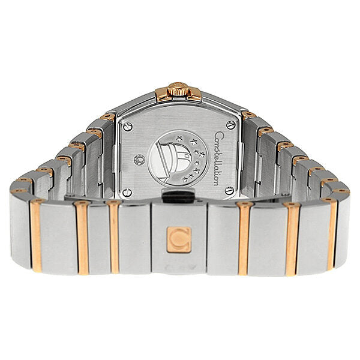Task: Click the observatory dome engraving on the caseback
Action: click(x=170, y=160)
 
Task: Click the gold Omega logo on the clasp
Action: click(x=179, y=239)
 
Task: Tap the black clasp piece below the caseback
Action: click(x=178, y=196)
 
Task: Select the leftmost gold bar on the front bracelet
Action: click(x=36, y=235)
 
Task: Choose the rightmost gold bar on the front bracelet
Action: click(x=331, y=233)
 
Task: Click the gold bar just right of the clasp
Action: click(x=244, y=238)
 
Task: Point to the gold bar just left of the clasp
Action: click(x=114, y=237)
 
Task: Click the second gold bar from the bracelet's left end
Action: click(x=82, y=237)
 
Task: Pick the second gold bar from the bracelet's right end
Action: click(x=291, y=237)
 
